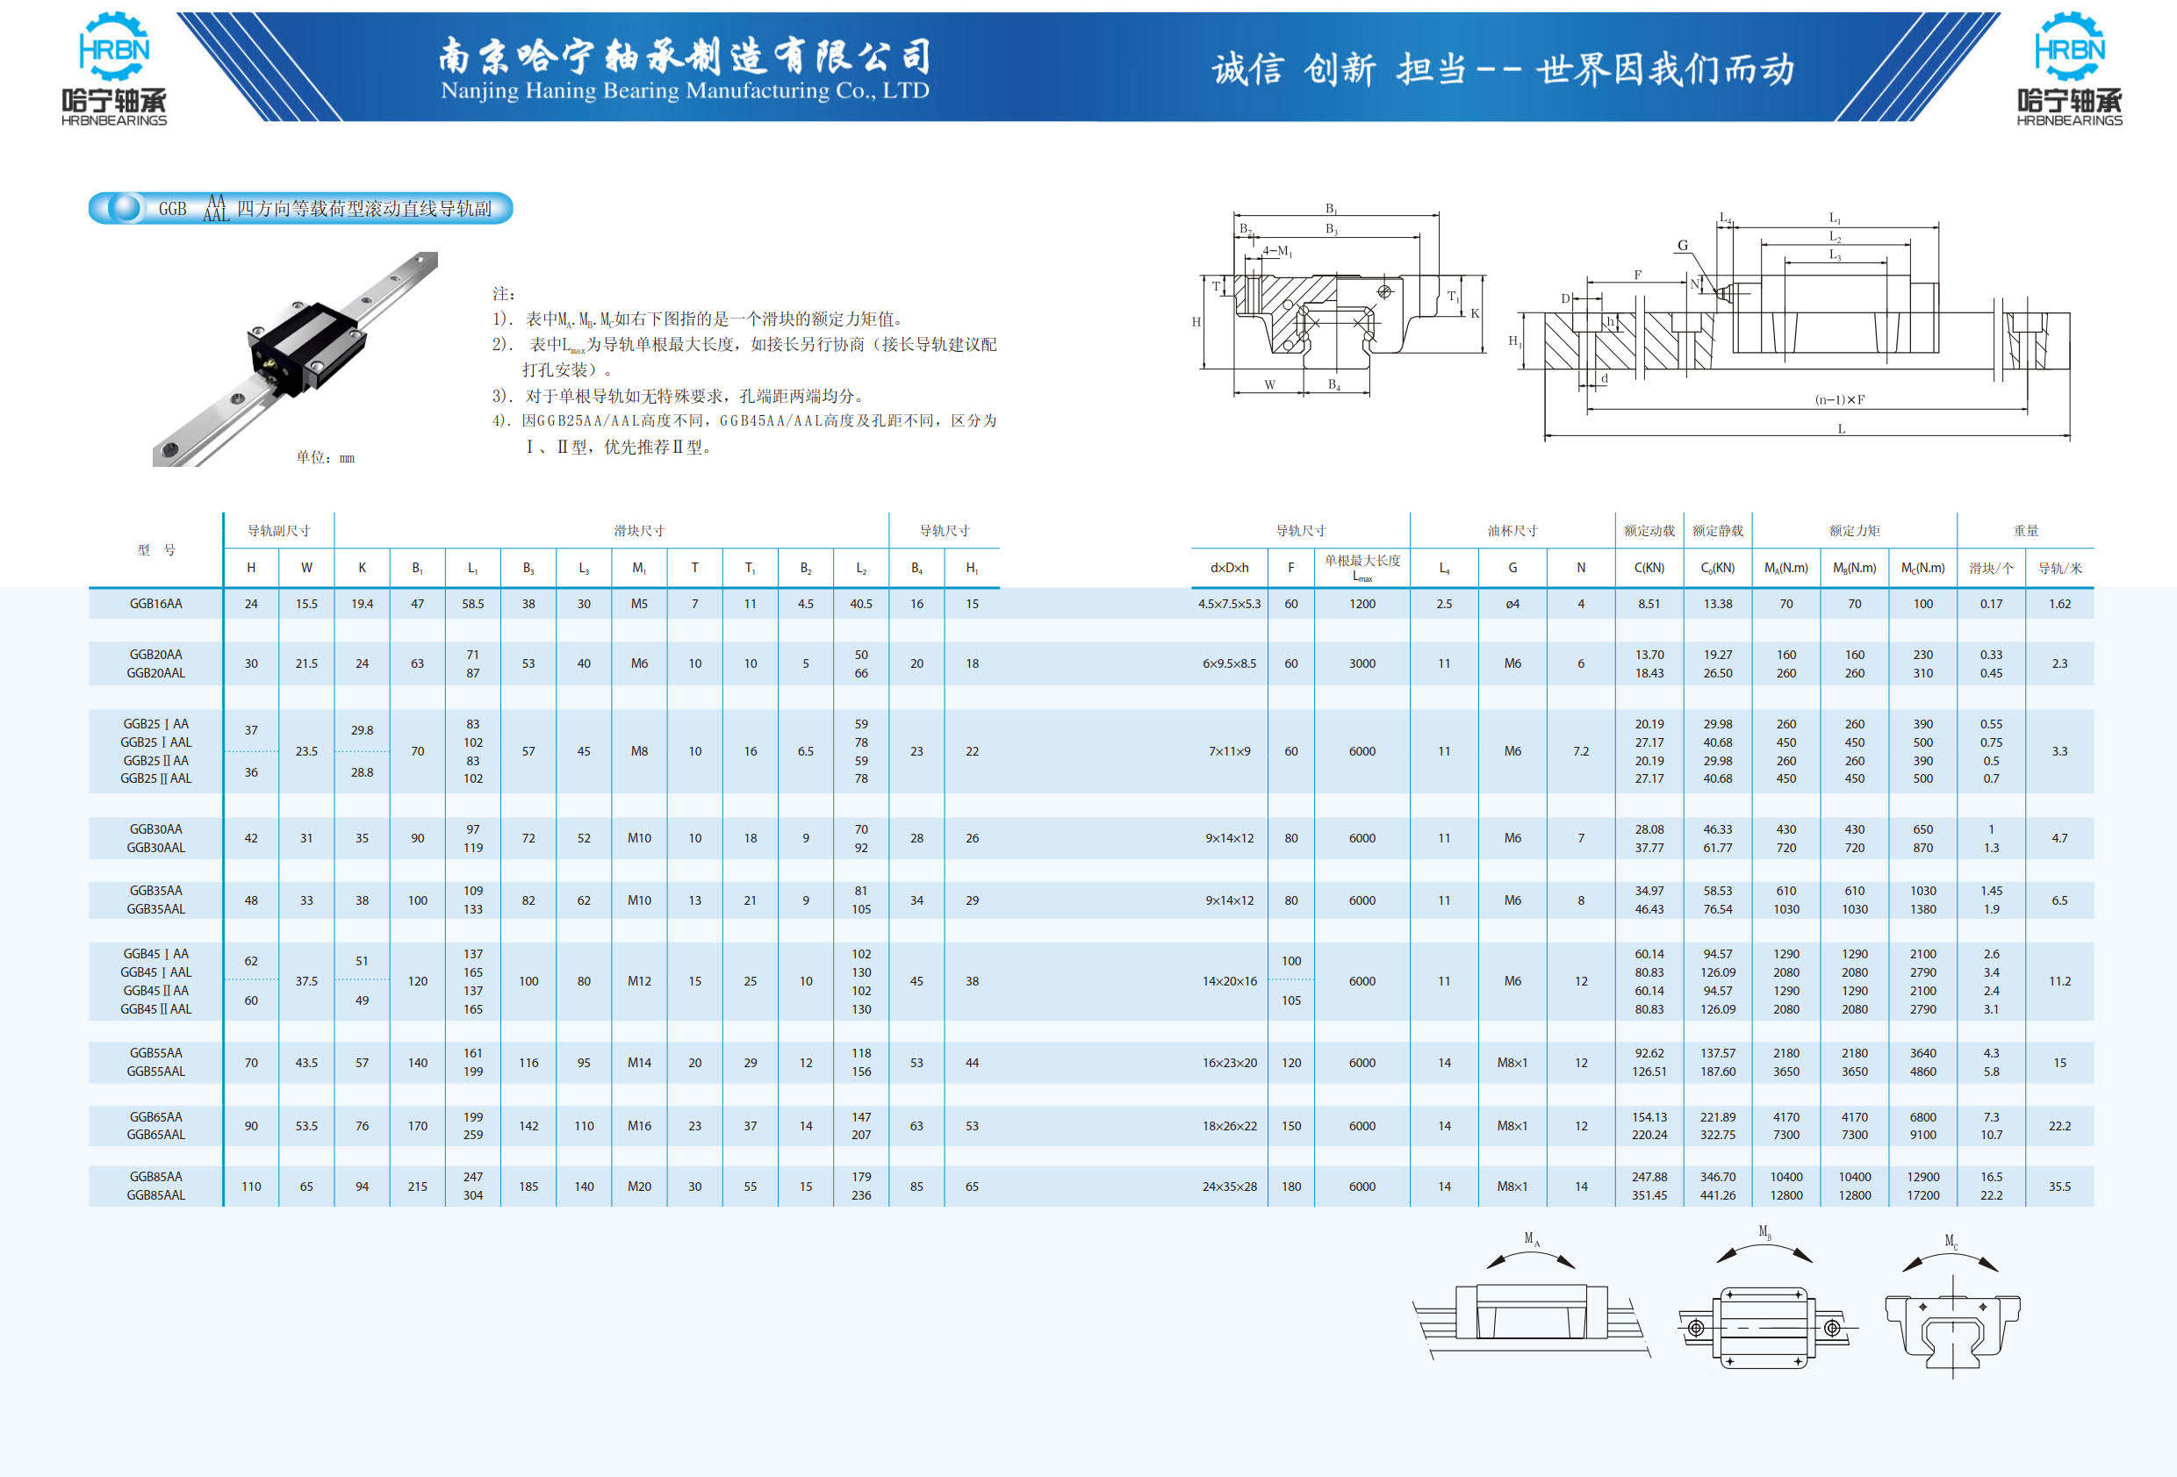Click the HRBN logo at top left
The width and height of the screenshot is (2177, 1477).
click(114, 69)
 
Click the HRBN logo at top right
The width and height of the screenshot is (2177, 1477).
click(2069, 69)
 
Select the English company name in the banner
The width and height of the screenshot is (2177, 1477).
click(685, 91)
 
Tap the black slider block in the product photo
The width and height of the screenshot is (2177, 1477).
click(302, 343)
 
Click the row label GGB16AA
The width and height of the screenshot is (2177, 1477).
click(155, 604)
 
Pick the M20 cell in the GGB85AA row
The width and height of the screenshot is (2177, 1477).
click(639, 1187)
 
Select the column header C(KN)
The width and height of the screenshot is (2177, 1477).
click(1649, 568)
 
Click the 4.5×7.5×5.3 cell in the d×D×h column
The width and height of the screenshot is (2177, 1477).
click(1229, 604)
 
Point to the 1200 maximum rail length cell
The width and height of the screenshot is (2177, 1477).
click(1362, 604)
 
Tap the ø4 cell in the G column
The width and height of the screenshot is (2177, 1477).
click(1512, 604)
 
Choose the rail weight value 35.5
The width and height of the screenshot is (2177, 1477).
click(2059, 1187)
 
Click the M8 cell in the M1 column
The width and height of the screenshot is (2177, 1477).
click(639, 751)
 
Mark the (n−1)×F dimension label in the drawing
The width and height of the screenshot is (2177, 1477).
click(1840, 400)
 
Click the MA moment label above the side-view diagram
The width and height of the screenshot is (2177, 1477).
click(1532, 1239)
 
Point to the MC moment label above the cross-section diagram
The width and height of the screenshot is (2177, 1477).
click(1951, 1242)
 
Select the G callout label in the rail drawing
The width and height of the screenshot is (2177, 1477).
click(1683, 246)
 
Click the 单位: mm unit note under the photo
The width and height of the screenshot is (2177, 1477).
click(325, 457)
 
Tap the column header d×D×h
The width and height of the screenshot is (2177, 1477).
click(1229, 568)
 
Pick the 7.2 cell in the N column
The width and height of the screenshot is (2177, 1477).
click(1580, 751)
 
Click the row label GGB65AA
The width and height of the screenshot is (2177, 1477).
click(155, 1116)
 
